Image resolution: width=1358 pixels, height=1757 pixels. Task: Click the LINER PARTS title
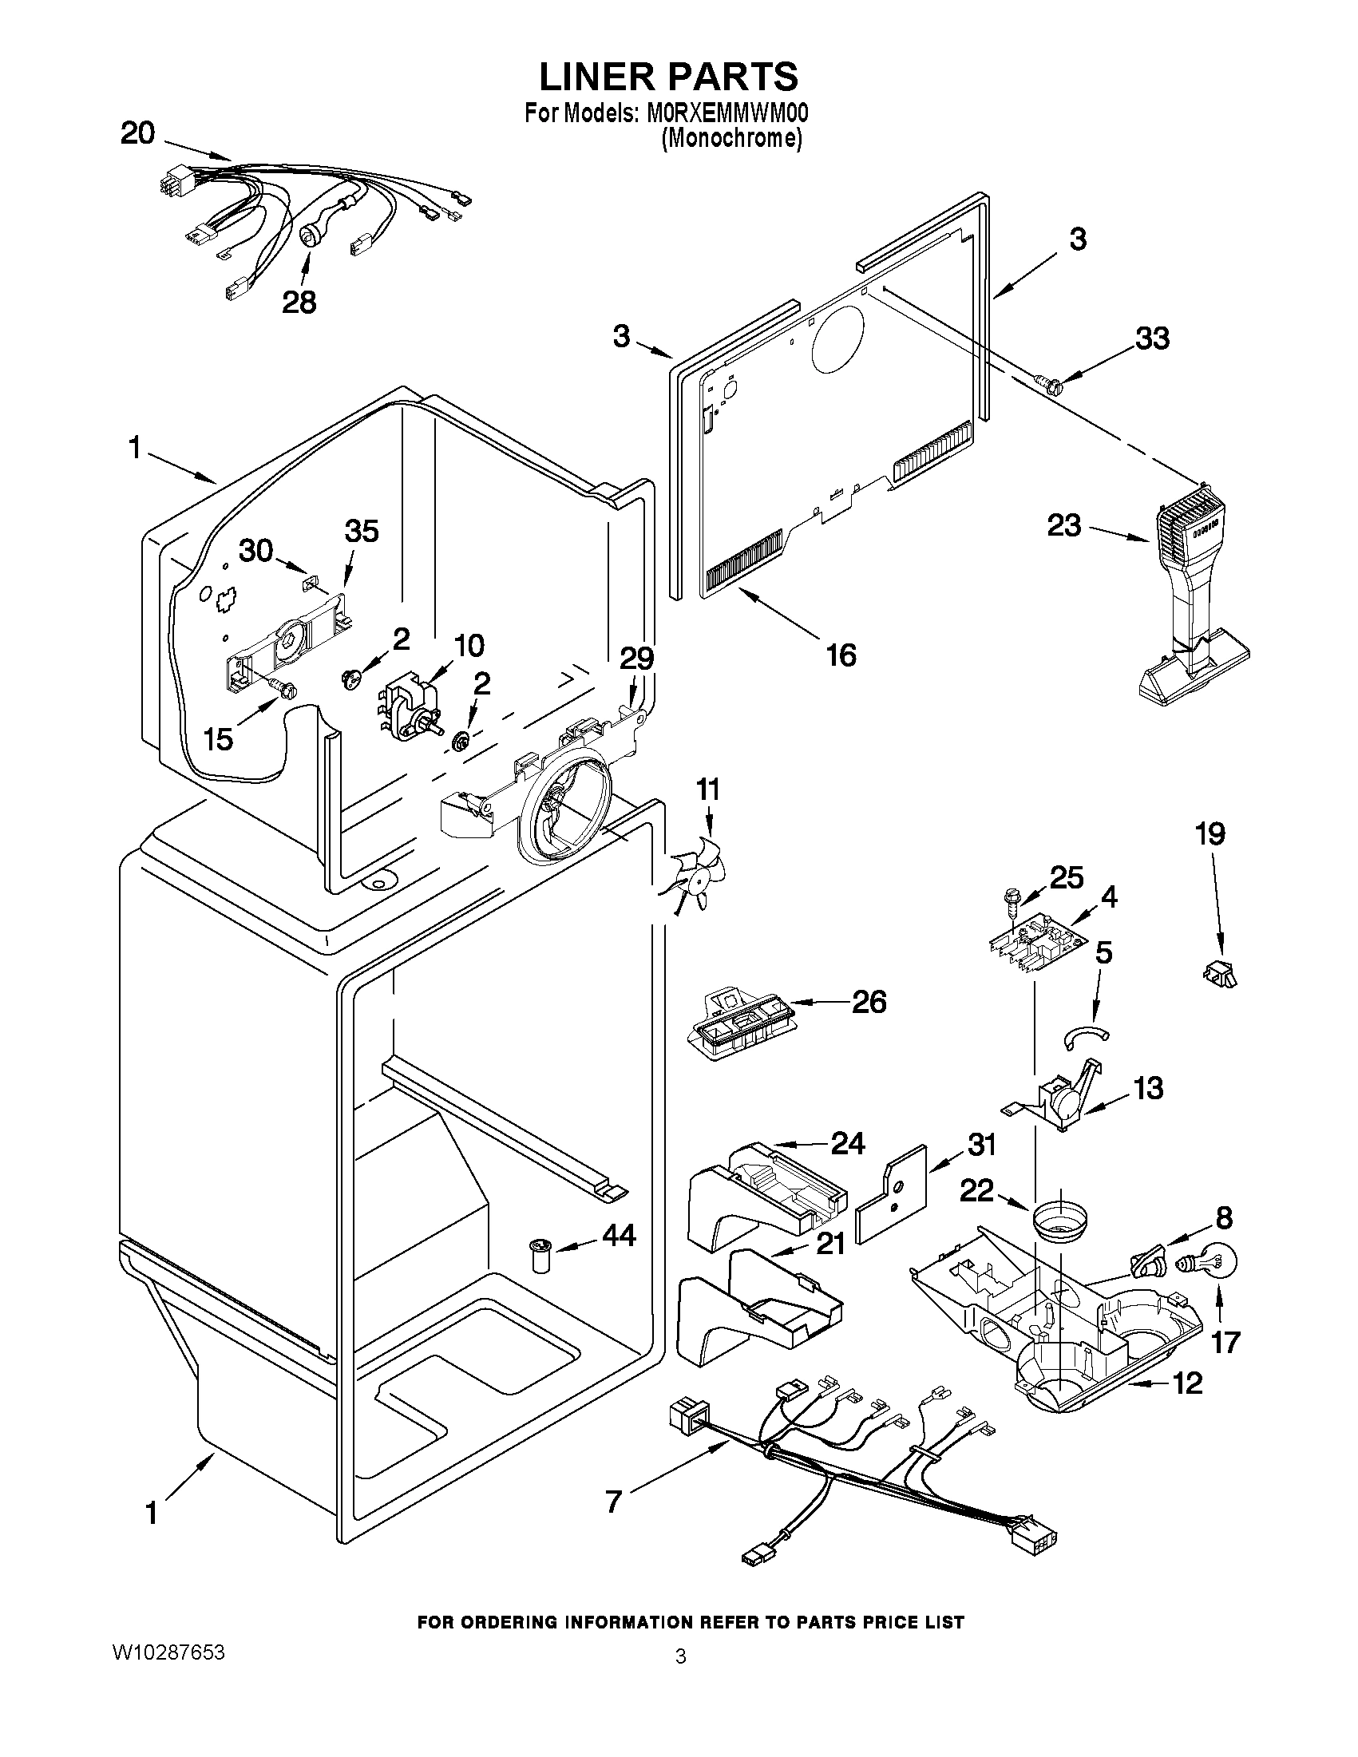pyautogui.click(x=667, y=77)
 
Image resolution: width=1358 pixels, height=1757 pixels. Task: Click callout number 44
pyautogui.click(x=619, y=1235)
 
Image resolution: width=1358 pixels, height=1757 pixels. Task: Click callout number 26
pyautogui.click(x=869, y=1002)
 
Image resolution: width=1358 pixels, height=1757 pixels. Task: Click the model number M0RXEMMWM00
pyautogui.click(x=727, y=113)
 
